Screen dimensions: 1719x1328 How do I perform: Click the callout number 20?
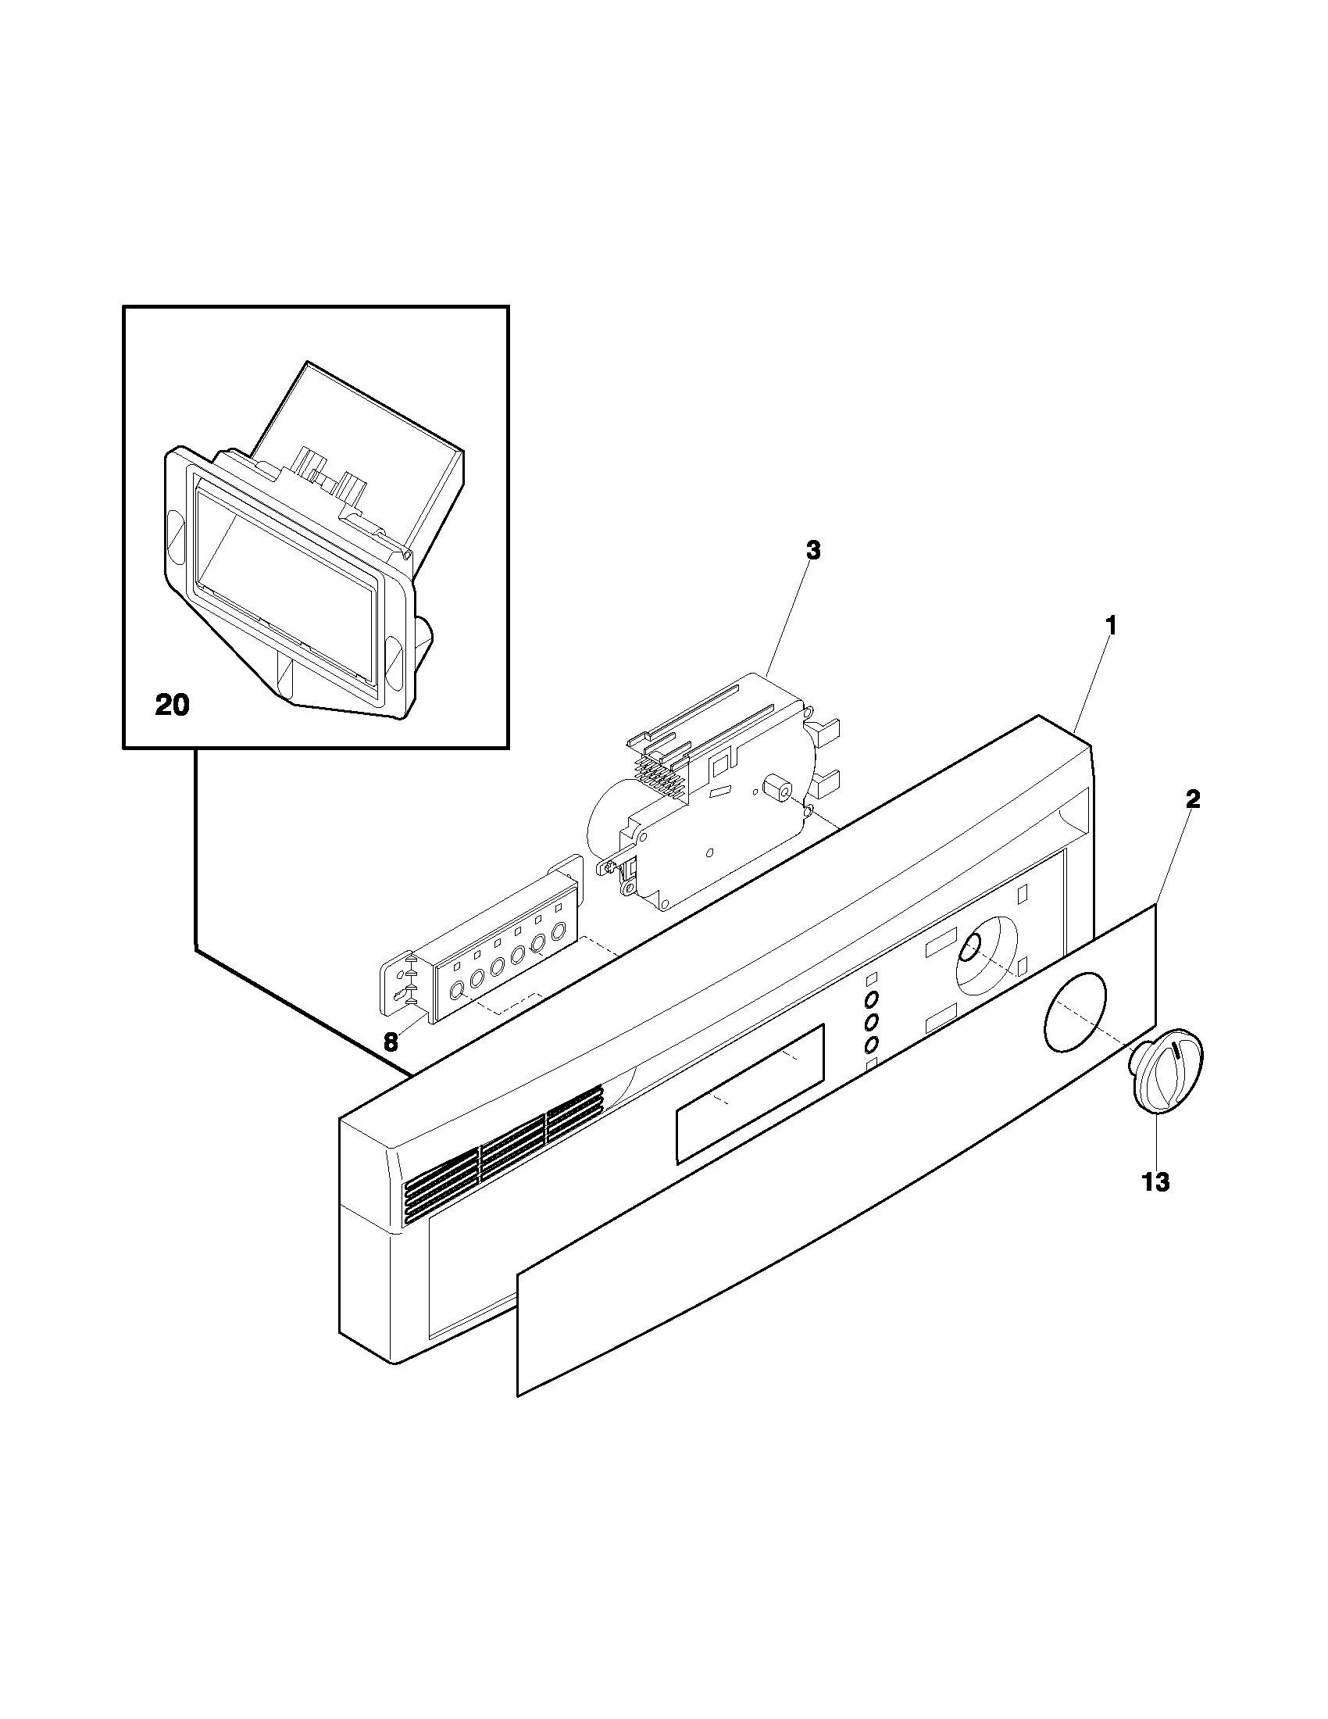[x=172, y=706]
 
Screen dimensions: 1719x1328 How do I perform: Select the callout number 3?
[x=813, y=551]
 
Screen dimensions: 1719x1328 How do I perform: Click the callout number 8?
[x=391, y=1042]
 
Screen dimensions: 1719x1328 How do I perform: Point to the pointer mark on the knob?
[x=1177, y=1052]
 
